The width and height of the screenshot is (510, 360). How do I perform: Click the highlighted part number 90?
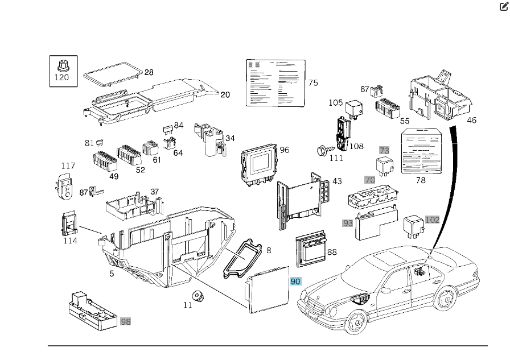pyautogui.click(x=295, y=282)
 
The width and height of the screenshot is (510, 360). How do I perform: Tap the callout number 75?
pyautogui.click(x=313, y=83)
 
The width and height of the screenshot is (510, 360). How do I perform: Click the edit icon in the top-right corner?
pyautogui.click(x=503, y=7)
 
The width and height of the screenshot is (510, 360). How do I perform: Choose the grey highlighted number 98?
pyautogui.click(x=125, y=321)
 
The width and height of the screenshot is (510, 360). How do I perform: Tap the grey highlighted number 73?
pyautogui.click(x=385, y=150)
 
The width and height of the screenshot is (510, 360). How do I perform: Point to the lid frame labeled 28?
pyautogui.click(x=112, y=75)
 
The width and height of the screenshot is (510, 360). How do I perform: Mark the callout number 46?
pyautogui.click(x=472, y=120)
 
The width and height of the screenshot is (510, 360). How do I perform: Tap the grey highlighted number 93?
pyautogui.click(x=347, y=224)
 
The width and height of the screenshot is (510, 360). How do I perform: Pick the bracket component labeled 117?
pyautogui.click(x=65, y=187)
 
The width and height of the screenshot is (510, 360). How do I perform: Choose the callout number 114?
pyautogui.click(x=70, y=241)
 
